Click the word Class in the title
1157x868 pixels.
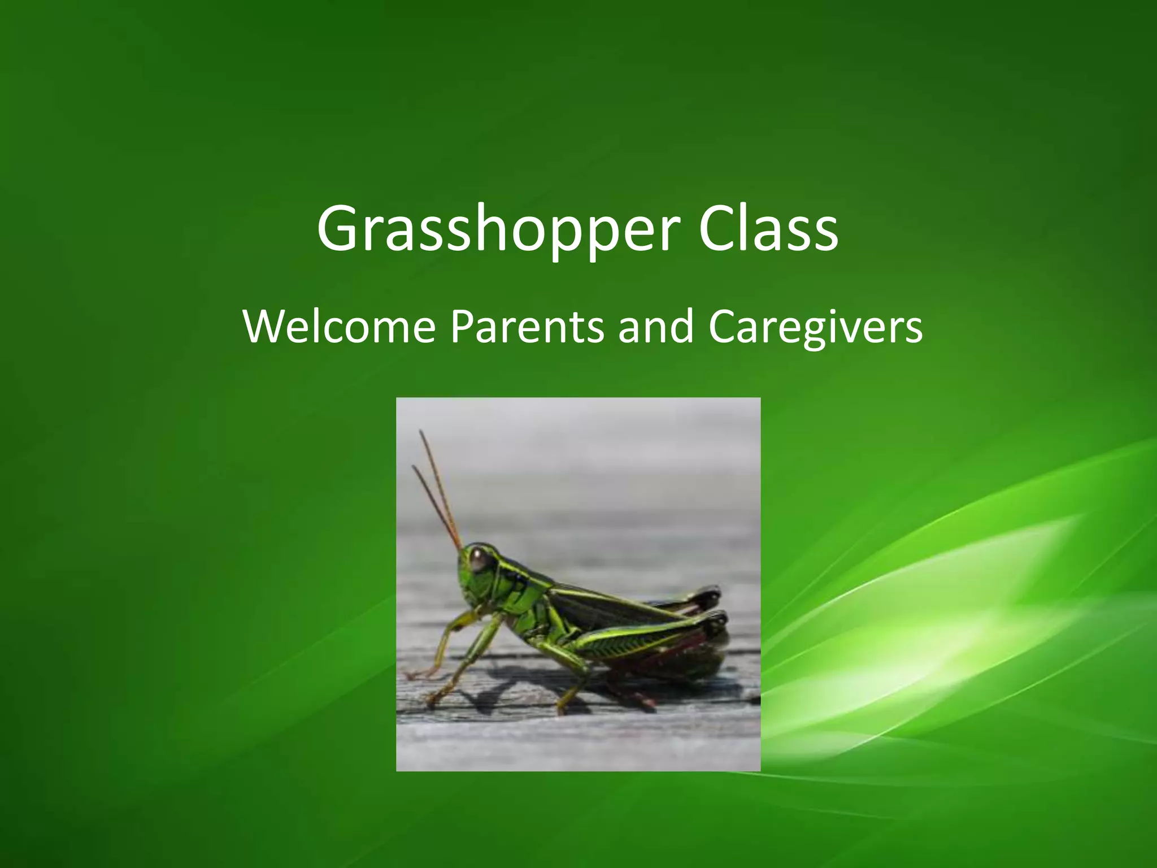(768, 229)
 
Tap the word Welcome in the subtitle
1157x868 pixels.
(339, 327)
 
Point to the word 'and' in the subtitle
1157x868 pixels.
(655, 327)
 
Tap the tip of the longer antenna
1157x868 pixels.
(421, 432)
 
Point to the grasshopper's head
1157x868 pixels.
(477, 571)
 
